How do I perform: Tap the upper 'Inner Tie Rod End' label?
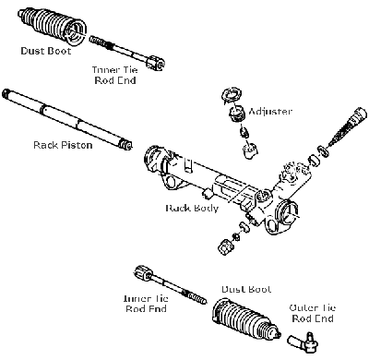116,75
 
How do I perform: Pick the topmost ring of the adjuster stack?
230,96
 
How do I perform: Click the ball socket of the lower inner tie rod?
143,273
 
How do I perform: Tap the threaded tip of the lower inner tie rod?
196,299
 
